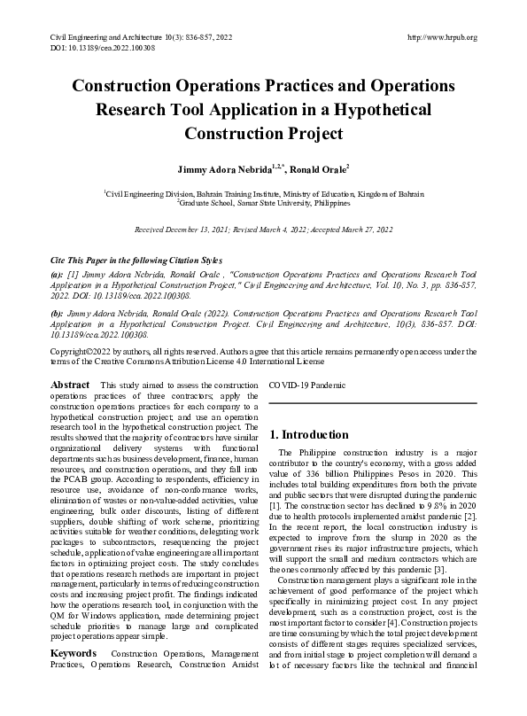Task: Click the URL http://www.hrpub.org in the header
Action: (440, 37)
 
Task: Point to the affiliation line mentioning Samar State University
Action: (263, 203)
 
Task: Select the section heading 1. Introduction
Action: (309, 435)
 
